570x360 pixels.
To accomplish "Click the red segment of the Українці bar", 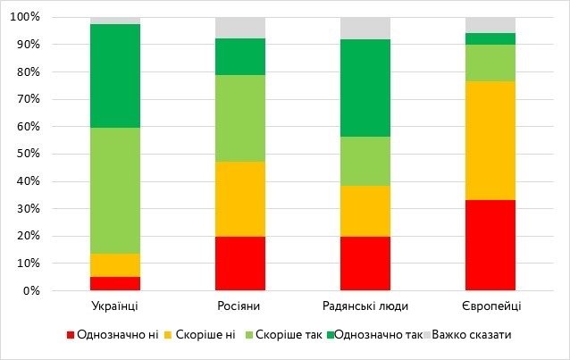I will pyautogui.click(x=115, y=283).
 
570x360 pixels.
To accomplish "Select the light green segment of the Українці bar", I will pyautogui.click(x=115, y=190).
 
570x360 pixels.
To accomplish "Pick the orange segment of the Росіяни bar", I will pyautogui.click(x=240, y=199).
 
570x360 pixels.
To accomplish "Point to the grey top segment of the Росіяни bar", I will pyautogui.click(x=240, y=28).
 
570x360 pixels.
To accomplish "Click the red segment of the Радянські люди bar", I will pyautogui.click(x=365, y=263).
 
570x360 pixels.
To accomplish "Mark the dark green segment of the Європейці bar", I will pyautogui.click(x=490, y=38).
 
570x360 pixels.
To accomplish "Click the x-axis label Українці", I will pyautogui.click(x=115, y=306).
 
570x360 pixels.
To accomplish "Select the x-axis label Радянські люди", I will pyautogui.click(x=365, y=306).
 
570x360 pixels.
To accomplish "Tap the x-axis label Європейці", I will pyautogui.click(x=490, y=306).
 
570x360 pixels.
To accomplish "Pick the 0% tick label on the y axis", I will pyautogui.click(x=31, y=291).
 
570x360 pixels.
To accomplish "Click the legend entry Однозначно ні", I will pyautogui.click(x=113, y=335).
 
